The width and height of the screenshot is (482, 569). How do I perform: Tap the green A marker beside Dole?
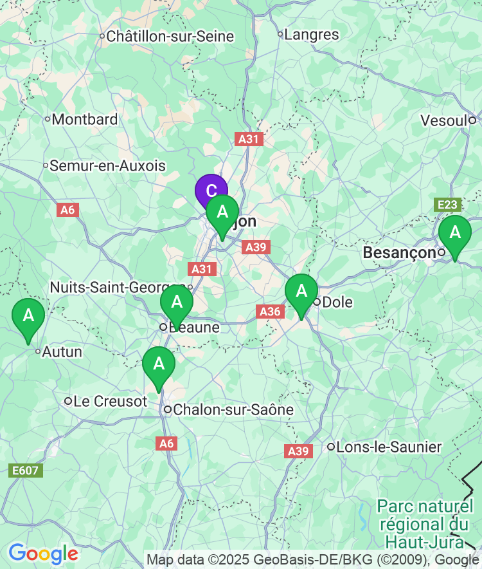click(x=301, y=291)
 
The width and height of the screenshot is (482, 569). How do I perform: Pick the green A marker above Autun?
click(x=28, y=316)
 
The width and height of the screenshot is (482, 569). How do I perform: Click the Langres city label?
click(x=311, y=35)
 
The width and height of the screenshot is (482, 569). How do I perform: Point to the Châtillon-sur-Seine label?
click(x=170, y=37)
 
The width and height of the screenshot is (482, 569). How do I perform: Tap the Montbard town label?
click(x=84, y=119)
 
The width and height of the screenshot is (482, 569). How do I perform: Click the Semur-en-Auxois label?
click(x=107, y=166)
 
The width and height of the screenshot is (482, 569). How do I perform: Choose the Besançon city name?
click(x=400, y=253)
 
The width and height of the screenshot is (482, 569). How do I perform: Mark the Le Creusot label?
click(x=110, y=402)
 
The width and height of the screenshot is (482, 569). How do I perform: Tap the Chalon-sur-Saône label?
click(x=233, y=409)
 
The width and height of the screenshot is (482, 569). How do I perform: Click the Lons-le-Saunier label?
click(x=389, y=447)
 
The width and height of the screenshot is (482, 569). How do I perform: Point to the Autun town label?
click(x=62, y=352)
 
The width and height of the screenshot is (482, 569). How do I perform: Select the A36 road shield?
click(x=271, y=312)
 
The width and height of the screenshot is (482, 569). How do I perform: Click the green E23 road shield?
click(x=447, y=205)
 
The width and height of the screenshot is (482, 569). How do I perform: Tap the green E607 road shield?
click(x=26, y=471)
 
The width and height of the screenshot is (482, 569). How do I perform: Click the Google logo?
click(x=43, y=554)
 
